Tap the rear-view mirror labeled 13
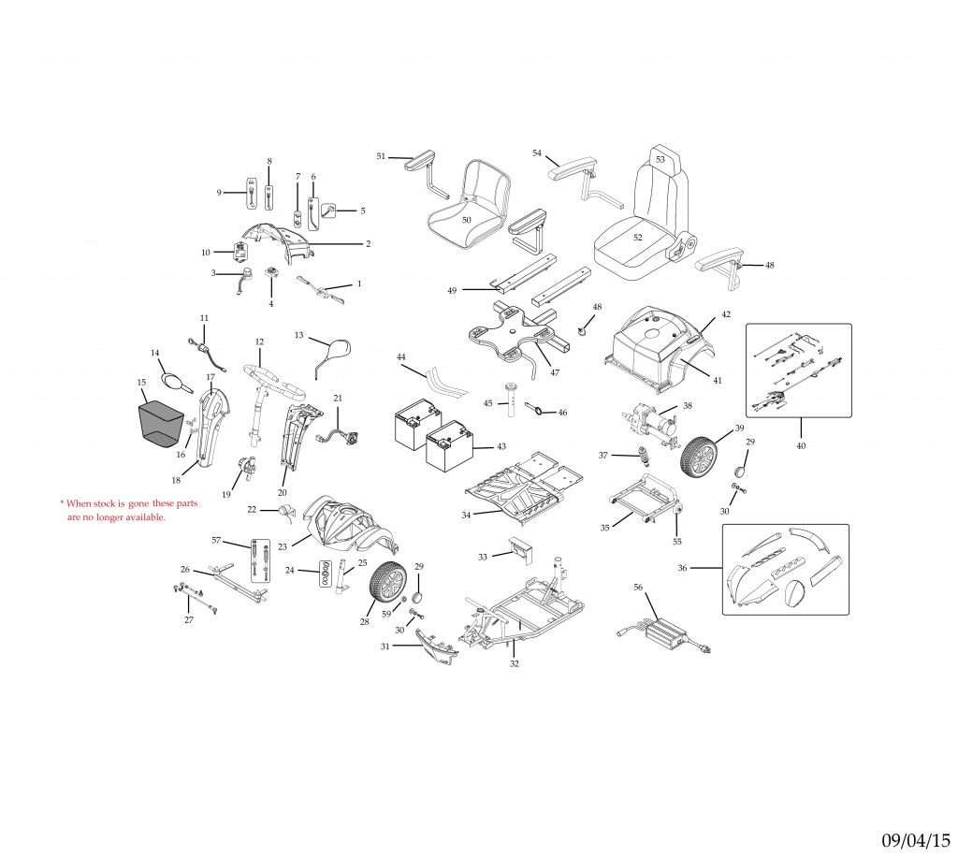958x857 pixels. point(335,353)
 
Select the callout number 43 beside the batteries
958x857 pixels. point(501,446)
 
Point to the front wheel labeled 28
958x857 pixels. point(386,585)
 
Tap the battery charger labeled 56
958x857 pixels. point(671,632)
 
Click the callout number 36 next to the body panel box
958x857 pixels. point(682,568)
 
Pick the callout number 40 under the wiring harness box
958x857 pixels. point(800,446)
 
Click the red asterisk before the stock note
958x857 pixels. point(62,502)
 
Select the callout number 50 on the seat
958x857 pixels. point(466,219)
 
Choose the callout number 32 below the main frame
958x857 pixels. point(514,663)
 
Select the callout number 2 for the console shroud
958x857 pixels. point(368,243)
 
